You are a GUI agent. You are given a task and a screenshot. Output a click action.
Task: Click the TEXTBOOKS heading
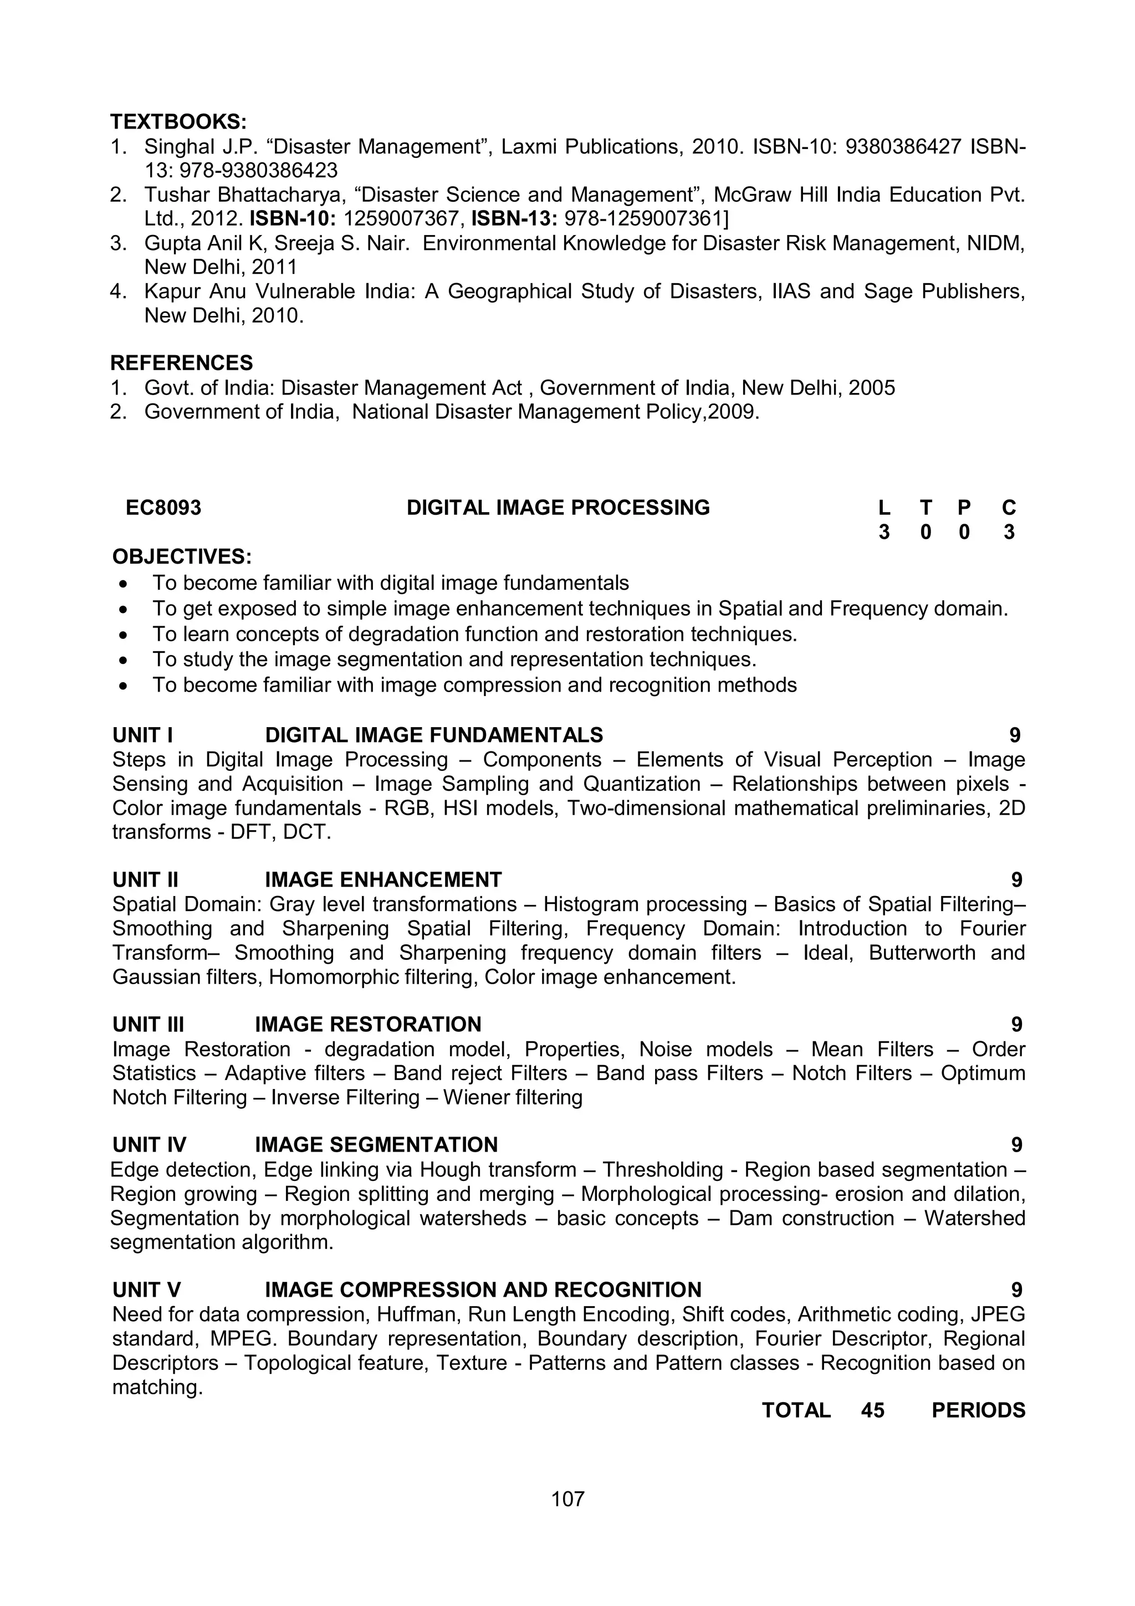[178, 122]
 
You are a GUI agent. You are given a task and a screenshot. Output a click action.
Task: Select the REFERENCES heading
[181, 363]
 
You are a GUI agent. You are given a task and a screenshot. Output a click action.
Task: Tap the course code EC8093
[163, 508]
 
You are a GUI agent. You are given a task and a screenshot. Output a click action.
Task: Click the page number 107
[567, 1498]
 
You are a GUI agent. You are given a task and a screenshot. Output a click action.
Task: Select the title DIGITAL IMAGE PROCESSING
[558, 508]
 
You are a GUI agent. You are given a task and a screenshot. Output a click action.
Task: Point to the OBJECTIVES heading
[182, 557]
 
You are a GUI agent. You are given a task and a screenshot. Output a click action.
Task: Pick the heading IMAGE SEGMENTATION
[376, 1145]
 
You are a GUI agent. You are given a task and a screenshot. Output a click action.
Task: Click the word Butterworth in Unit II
[922, 953]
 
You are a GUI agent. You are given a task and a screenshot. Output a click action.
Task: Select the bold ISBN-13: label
[514, 219]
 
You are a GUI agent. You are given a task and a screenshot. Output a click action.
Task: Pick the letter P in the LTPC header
[964, 508]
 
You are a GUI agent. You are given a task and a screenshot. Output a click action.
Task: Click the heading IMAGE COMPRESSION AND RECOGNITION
[483, 1290]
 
